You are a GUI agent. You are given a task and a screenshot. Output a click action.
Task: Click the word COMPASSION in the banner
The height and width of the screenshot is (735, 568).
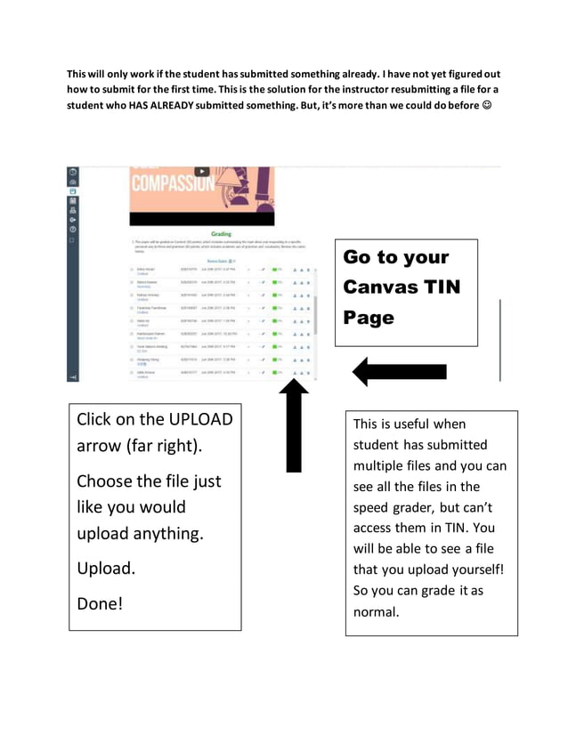(171, 185)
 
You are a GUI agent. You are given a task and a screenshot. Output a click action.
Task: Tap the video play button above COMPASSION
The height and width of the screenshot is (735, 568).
(202, 171)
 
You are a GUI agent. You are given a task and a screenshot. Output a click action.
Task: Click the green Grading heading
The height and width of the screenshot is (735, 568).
(222, 234)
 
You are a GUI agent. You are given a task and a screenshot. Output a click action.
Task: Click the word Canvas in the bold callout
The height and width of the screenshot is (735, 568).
(380, 287)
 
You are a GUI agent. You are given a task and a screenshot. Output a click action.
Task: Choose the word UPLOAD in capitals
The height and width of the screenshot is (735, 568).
(193, 419)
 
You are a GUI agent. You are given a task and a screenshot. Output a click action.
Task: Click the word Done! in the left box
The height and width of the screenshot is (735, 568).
(100, 603)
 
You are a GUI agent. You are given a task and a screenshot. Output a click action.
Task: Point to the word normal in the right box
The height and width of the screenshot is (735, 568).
(377, 612)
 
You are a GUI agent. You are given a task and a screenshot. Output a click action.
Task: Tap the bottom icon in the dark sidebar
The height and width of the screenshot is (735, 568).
(72, 377)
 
